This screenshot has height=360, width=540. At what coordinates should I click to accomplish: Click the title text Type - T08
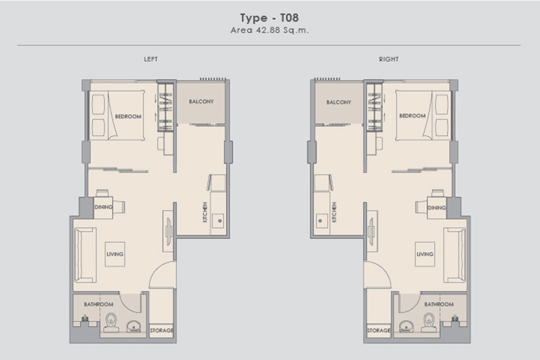point(269,18)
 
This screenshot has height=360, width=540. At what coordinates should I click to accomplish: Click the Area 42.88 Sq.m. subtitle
point(270,30)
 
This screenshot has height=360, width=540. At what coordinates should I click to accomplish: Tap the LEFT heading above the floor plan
point(151,59)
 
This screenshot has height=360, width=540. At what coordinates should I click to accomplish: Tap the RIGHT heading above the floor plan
point(389,59)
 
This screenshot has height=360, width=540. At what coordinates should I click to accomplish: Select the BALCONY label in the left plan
point(201,102)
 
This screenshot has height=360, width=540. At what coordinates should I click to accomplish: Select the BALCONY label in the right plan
point(339,102)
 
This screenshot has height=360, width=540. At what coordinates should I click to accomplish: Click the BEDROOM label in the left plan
point(128,117)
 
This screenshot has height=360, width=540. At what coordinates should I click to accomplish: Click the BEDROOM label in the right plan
point(413,116)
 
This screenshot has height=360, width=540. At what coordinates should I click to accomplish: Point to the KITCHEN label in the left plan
point(205,212)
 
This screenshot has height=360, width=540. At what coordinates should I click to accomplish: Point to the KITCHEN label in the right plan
point(334,212)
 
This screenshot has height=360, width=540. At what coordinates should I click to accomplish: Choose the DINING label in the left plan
point(103,207)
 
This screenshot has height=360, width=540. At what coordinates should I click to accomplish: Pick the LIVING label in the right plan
point(425,254)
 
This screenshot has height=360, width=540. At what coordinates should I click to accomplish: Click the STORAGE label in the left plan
point(161,330)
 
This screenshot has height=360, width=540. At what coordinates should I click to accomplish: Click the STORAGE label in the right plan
point(379,330)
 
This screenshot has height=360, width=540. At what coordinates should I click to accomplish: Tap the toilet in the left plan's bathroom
point(111,323)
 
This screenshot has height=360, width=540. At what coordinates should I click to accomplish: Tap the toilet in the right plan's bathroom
point(429,323)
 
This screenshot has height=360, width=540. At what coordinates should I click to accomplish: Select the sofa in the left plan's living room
point(85,255)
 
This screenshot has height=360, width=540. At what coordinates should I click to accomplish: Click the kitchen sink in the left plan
point(218,221)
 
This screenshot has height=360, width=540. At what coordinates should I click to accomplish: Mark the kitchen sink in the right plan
point(321,221)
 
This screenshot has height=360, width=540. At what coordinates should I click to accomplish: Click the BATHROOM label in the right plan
point(438,305)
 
